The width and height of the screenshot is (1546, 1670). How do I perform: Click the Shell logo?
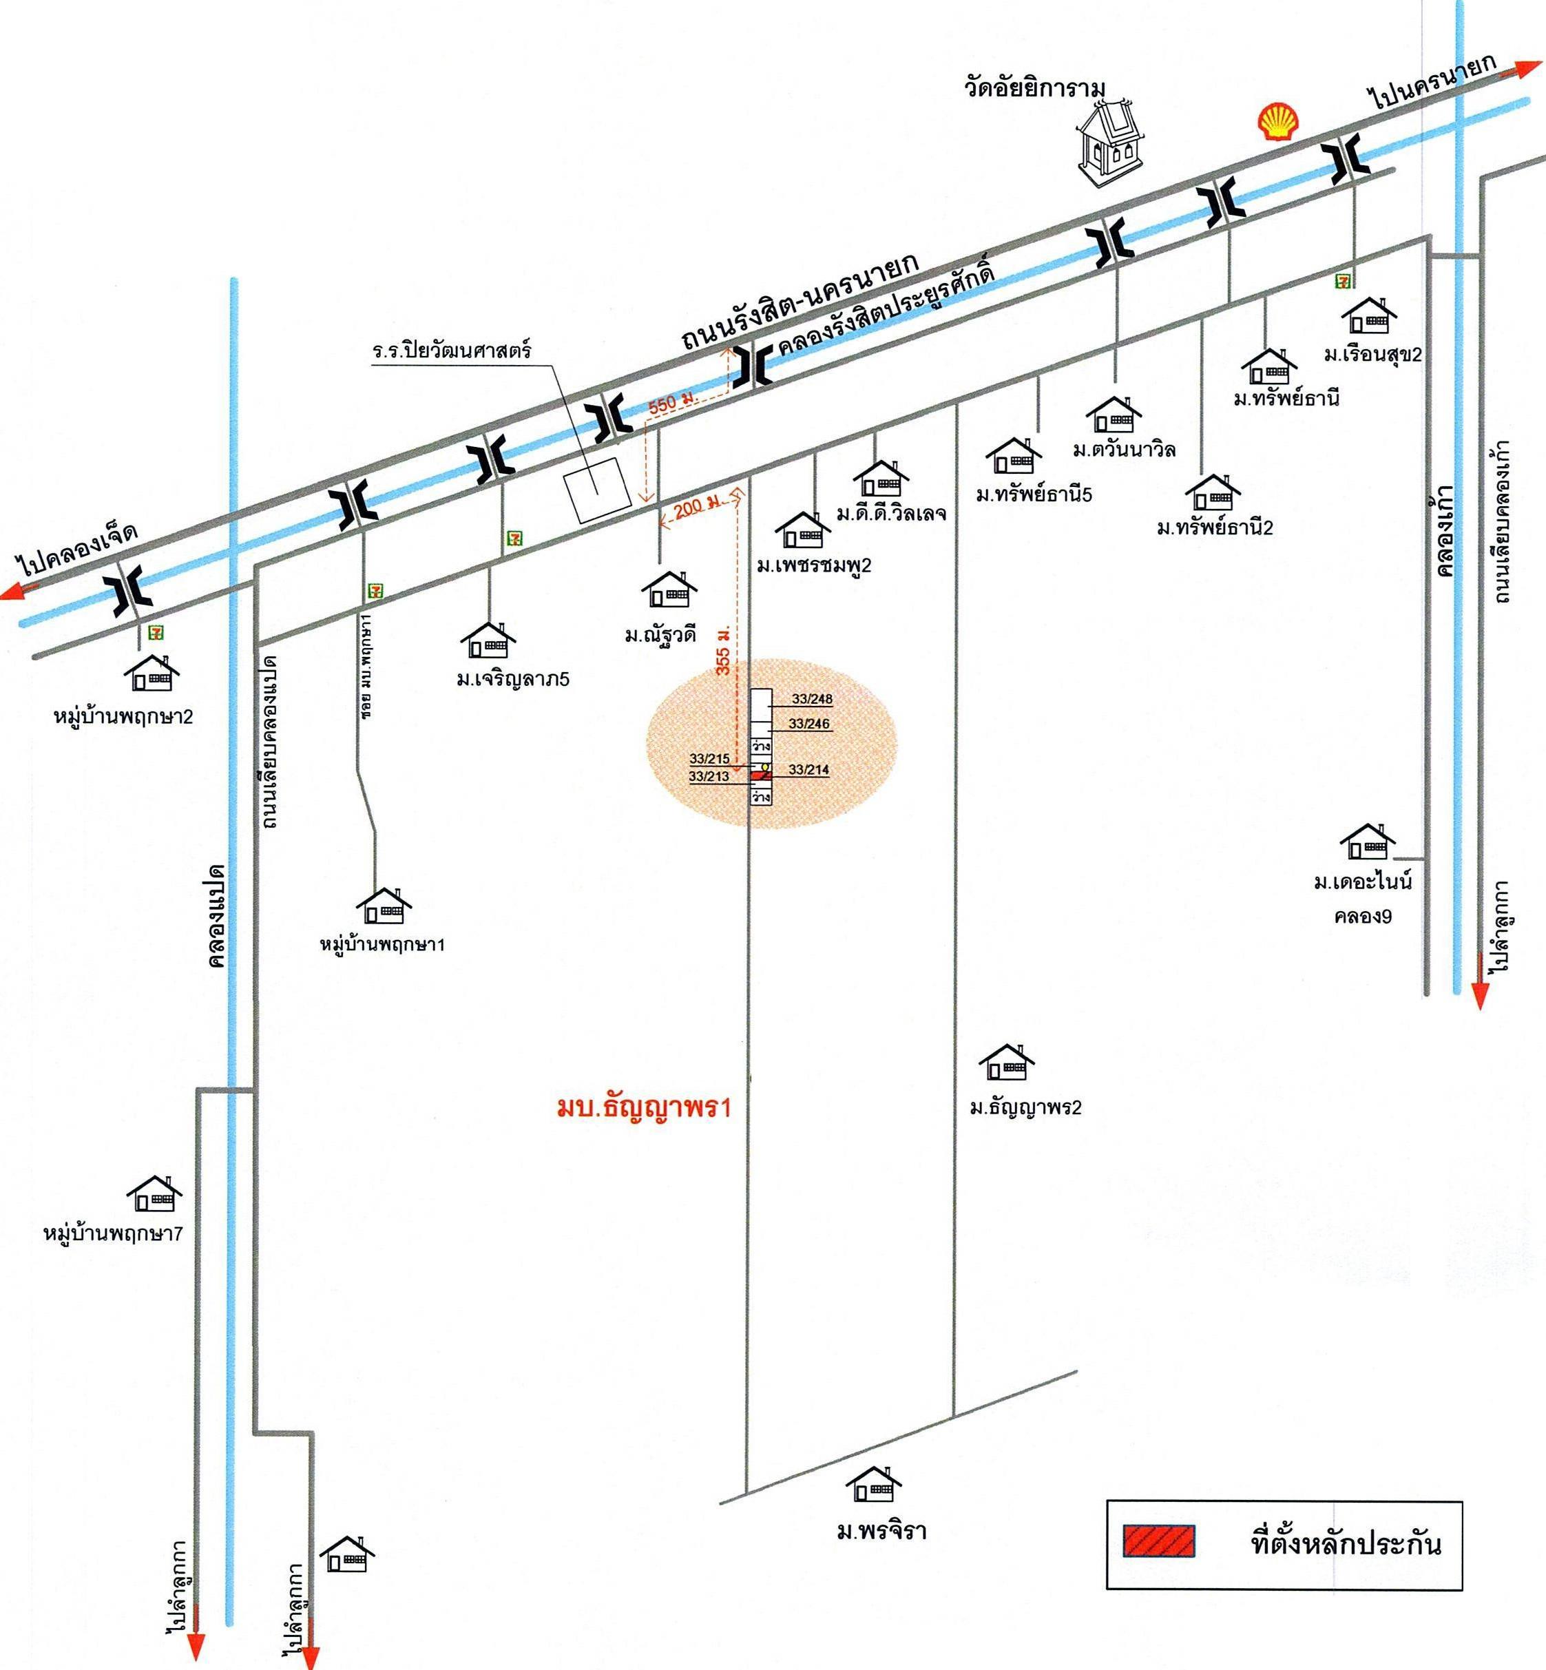(1278, 121)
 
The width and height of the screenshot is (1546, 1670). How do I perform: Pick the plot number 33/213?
(709, 776)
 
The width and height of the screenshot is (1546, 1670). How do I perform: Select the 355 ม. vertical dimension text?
(724, 649)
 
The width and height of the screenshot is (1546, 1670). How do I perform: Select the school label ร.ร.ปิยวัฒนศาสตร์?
(452, 350)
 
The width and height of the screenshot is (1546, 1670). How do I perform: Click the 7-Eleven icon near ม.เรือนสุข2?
(1344, 281)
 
